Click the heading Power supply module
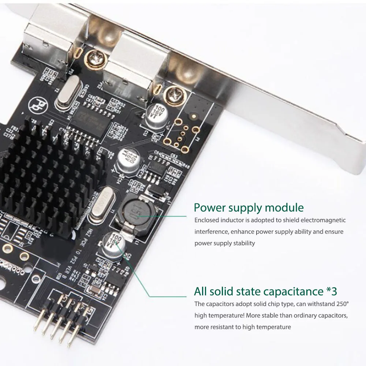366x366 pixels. tap(249, 208)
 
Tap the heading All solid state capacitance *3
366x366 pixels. tap(265, 291)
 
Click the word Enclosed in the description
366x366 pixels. tap(206, 220)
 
